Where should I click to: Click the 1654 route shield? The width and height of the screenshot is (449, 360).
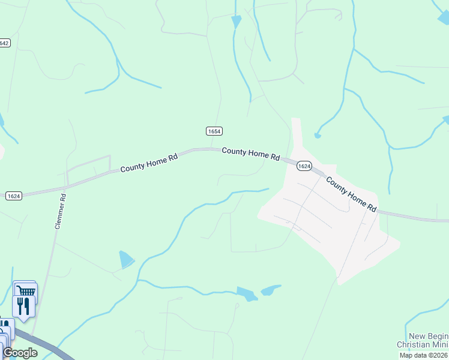pyautogui.click(x=214, y=131)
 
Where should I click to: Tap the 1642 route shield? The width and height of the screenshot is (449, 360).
pyautogui.click(x=5, y=43)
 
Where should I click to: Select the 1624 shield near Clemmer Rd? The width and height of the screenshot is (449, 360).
pyautogui.click(x=14, y=196)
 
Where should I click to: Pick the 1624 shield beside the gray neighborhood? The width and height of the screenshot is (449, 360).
pyautogui.click(x=304, y=166)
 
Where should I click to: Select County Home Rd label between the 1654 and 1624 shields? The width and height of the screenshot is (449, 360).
pyautogui.click(x=251, y=154)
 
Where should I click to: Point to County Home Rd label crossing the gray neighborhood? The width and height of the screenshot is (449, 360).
pyautogui.click(x=351, y=194)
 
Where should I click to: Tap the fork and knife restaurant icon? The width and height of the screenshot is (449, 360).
pyautogui.click(x=23, y=306)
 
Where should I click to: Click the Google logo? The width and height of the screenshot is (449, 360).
pyautogui.click(x=20, y=353)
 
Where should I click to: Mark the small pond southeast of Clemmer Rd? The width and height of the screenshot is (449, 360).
pyautogui.click(x=126, y=259)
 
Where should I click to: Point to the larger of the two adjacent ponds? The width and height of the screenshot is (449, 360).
pyautogui.click(x=247, y=293)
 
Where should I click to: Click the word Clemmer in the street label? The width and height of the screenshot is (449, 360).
pyautogui.click(x=59, y=215)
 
